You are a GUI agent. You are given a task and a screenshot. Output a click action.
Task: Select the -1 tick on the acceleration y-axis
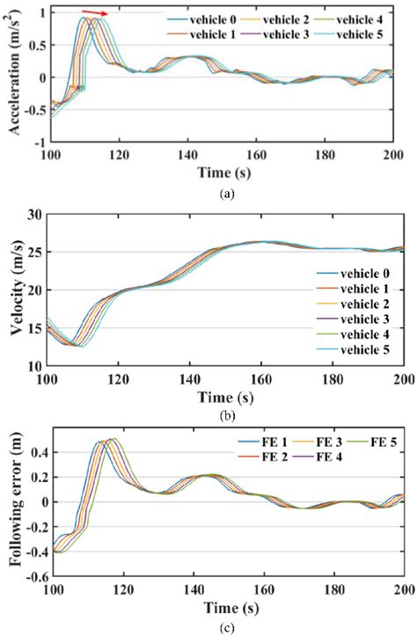38,141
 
